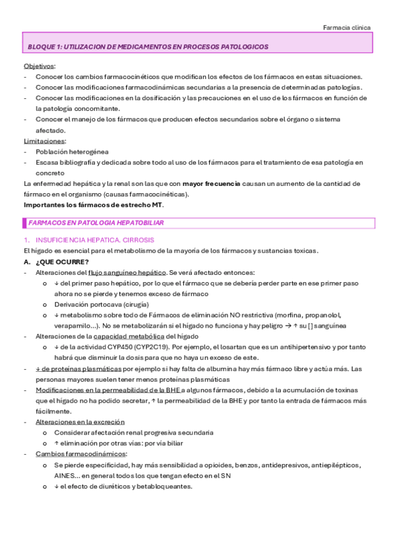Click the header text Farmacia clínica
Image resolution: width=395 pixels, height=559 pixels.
347,28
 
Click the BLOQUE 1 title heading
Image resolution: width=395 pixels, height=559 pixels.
148,47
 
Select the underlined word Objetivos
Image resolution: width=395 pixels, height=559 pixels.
40,67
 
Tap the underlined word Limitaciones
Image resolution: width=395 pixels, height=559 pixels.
44,141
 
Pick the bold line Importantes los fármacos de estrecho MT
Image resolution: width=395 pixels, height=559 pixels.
92,204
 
